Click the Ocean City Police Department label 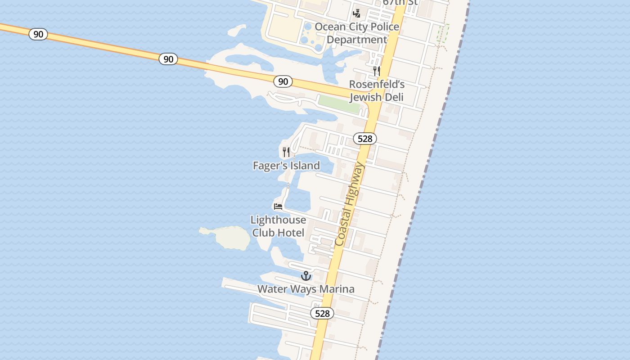pos(357,33)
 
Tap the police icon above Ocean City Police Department pos(357,13)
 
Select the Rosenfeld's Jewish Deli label pos(377,91)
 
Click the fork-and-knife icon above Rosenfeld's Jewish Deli pos(377,71)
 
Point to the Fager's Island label pos(286,166)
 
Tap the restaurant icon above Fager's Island pos(286,152)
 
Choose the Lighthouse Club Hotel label pos(278,226)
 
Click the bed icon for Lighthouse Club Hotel pos(278,207)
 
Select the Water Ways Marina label pos(306,289)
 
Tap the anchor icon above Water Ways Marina pos(306,275)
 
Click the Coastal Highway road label pos(350,205)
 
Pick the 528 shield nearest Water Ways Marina pos(322,313)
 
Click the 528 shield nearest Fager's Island pos(364,139)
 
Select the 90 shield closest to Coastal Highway pos(283,81)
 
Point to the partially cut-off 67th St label pos(400,3)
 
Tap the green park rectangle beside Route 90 pos(339,104)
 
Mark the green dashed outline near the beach pos(443,33)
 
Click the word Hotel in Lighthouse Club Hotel pos(291,233)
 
